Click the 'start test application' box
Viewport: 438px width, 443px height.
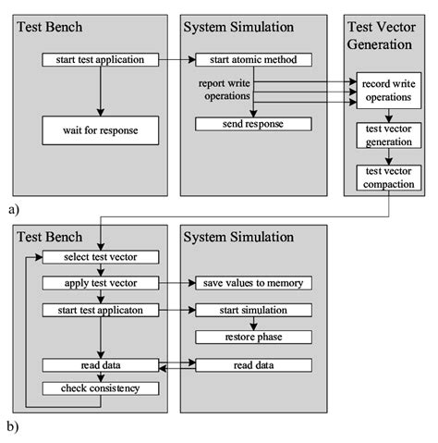(x=100, y=61)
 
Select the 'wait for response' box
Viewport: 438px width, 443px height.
(x=100, y=129)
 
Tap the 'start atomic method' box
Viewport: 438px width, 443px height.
(x=252, y=61)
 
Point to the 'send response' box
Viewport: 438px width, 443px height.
(x=252, y=123)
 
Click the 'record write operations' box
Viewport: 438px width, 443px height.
(x=388, y=89)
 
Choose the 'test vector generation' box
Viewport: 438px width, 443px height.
(x=388, y=135)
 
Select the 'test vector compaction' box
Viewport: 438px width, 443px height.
(x=388, y=177)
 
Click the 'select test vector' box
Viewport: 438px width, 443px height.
(x=100, y=256)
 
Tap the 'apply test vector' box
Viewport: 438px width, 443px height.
(x=100, y=282)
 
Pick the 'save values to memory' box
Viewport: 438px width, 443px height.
(x=252, y=282)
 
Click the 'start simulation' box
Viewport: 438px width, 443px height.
(x=252, y=309)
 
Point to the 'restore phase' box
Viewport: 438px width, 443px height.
(x=252, y=336)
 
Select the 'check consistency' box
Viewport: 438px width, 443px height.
(x=100, y=388)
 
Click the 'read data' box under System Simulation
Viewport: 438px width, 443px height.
(x=252, y=365)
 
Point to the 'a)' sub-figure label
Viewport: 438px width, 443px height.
(x=13, y=210)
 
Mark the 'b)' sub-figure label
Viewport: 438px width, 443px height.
(x=13, y=428)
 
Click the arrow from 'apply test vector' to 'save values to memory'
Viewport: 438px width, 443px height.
(x=176, y=282)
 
